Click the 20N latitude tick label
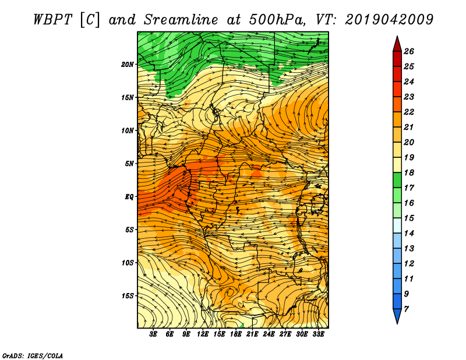point(128,65)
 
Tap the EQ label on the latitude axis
point(129,196)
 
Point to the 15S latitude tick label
point(128,296)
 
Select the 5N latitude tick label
point(129,164)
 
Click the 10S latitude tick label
point(128,263)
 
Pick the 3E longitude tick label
point(153,334)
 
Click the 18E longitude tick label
point(236,334)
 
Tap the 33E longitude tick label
point(318,334)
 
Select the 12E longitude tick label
point(203,334)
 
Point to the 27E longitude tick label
point(285,334)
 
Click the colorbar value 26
point(409,51)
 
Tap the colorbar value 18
point(409,172)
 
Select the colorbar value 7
point(406,309)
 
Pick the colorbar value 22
point(409,112)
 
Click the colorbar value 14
point(409,234)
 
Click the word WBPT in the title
point(53,20)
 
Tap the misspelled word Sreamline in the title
point(181,20)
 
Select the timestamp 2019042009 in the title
point(389,20)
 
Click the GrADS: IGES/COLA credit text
point(33,355)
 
